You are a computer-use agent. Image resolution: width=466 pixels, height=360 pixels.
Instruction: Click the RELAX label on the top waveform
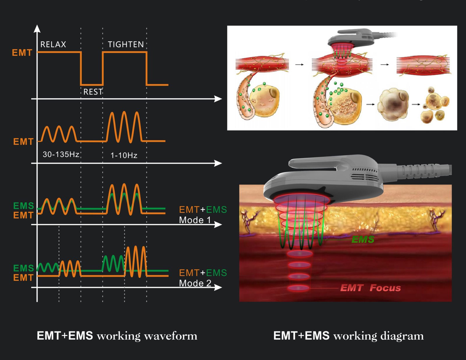point(53,44)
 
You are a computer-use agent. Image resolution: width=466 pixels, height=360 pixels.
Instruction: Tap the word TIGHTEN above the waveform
point(126,44)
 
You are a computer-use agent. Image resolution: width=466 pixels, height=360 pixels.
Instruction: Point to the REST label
point(93,92)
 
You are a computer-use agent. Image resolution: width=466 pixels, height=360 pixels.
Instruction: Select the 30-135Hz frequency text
point(61,154)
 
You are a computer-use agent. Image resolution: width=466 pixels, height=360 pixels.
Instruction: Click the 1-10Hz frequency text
point(124,156)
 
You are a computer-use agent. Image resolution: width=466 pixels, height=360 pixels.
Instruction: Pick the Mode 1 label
point(195,220)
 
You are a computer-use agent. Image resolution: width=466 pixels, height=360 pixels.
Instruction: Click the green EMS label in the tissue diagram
point(363,239)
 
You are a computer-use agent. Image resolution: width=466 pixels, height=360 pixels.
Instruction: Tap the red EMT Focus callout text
point(370,288)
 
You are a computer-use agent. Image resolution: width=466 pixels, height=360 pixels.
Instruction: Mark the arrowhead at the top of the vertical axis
point(37,28)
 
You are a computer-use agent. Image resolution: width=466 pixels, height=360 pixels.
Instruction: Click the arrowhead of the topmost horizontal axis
point(218,99)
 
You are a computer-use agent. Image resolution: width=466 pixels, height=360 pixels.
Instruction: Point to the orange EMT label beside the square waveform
point(22,53)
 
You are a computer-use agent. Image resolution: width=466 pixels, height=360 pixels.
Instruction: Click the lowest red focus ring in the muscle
point(299,288)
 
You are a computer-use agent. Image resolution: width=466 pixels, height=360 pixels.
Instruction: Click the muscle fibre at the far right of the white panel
point(423,65)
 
